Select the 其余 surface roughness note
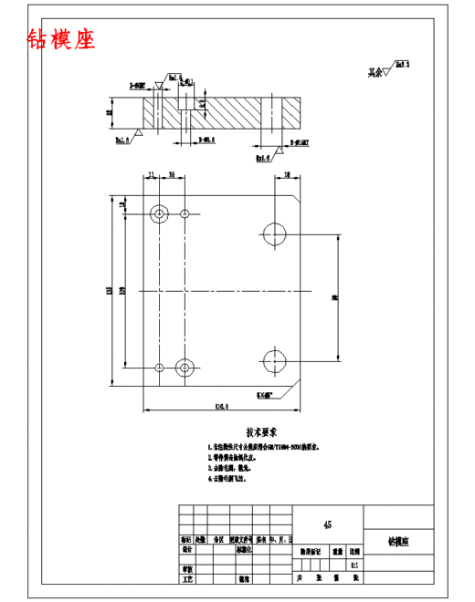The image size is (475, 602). click(x=388, y=68)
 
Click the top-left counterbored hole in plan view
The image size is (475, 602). click(x=160, y=214)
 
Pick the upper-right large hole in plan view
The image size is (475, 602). click(x=274, y=230)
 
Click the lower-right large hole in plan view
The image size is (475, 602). click(x=274, y=357)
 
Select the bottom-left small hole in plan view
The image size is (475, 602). click(x=160, y=368)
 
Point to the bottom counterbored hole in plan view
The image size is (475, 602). click(x=185, y=368)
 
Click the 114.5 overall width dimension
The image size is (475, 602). click(x=219, y=406)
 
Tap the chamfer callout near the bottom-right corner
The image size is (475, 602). click(x=266, y=395)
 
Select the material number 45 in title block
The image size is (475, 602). click(x=328, y=524)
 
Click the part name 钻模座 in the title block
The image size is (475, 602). click(x=397, y=541)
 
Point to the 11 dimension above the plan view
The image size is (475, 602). click(x=152, y=175)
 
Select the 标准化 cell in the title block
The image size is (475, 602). click(x=245, y=551)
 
